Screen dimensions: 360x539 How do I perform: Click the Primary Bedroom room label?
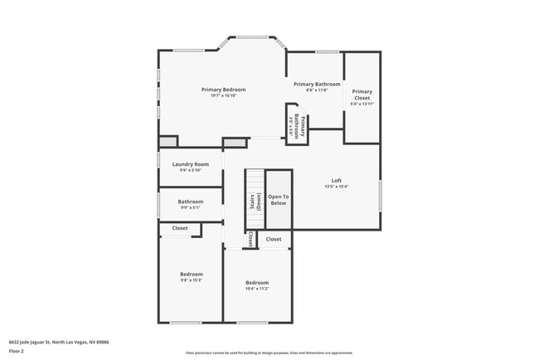point(223,90)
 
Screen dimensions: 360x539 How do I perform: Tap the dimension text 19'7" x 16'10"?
point(223,96)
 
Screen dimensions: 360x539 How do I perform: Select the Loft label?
point(336,180)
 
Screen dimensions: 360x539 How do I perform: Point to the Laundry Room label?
point(190,164)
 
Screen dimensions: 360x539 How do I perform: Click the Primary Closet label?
point(362,95)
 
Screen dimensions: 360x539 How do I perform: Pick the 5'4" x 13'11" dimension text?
point(362,104)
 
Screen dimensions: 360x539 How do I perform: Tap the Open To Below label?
point(278,200)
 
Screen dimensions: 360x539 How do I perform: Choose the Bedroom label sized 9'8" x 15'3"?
point(191,274)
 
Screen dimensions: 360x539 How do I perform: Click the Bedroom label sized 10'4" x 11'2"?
point(256,283)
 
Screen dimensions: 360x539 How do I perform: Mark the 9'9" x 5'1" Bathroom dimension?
point(190,207)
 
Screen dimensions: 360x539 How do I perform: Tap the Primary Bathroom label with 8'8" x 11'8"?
point(316,84)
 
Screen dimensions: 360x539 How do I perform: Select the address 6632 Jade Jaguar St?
point(59,341)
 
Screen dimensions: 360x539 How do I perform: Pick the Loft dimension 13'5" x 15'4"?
point(336,187)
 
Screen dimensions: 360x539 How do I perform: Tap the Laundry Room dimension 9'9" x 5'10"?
point(190,171)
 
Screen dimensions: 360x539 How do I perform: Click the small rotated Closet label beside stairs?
point(250,239)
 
